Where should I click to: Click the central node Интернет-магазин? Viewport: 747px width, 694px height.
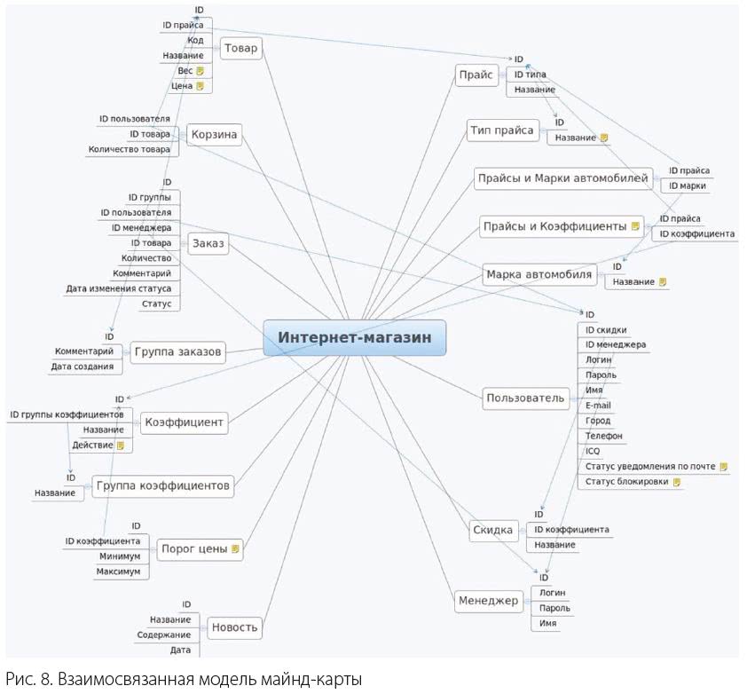(354, 338)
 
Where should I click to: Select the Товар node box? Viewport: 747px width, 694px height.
(240, 49)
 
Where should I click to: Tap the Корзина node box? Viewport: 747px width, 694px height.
(216, 135)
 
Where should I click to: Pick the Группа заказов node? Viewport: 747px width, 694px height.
(178, 352)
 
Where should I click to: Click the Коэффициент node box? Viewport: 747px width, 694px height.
(184, 422)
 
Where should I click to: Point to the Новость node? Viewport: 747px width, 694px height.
(234, 628)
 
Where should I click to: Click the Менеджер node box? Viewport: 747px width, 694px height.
(488, 601)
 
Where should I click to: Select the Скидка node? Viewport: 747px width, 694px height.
(492, 530)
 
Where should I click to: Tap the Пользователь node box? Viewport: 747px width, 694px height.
(525, 398)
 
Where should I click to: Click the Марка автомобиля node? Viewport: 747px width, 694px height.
(539, 274)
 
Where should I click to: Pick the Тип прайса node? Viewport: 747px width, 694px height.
(502, 130)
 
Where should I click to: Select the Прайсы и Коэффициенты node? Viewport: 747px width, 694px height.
(554, 226)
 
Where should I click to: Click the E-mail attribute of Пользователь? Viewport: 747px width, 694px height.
(598, 406)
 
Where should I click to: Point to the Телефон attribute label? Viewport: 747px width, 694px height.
(603, 437)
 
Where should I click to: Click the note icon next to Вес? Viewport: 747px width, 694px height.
(201, 71)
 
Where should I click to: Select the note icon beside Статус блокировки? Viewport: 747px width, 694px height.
(677, 482)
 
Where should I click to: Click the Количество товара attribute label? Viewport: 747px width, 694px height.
(129, 150)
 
